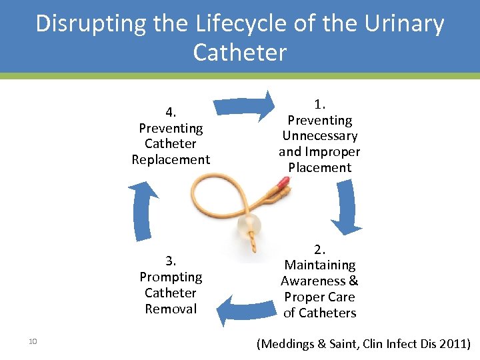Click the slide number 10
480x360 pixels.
pyautogui.click(x=33, y=342)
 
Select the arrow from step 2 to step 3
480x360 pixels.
pyautogui.click(x=241, y=310)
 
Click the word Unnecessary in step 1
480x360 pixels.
pyautogui.click(x=319, y=136)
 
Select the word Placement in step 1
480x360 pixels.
pyautogui.click(x=319, y=168)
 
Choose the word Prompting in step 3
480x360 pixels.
pyautogui.click(x=171, y=277)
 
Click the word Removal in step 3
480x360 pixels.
pyautogui.click(x=171, y=309)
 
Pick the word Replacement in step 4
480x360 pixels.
pyautogui.click(x=171, y=160)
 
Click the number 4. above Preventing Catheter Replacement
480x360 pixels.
pyautogui.click(x=171, y=112)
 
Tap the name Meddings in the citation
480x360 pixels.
pyautogui.click(x=289, y=344)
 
